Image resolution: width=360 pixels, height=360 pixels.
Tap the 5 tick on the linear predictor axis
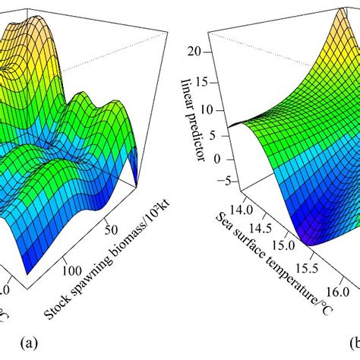pyautogui.click(x=197, y=132)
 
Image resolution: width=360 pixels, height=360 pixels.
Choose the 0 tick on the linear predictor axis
pyautogui.click(x=197, y=159)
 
